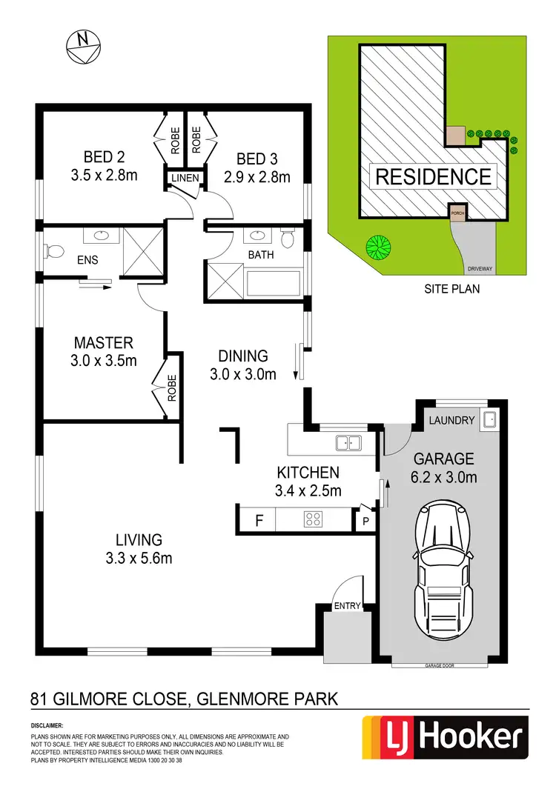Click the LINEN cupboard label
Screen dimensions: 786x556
click(184, 179)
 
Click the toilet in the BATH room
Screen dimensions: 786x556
click(288, 239)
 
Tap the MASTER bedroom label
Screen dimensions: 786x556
click(103, 343)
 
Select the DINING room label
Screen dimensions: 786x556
click(242, 356)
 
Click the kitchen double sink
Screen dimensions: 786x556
click(348, 443)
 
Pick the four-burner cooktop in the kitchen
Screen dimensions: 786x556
click(313, 519)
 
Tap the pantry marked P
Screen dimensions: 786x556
click(365, 521)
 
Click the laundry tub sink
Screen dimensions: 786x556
click(489, 421)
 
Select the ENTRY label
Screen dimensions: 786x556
click(347, 606)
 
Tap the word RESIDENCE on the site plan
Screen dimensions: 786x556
click(434, 176)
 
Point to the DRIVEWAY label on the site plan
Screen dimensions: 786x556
click(475, 268)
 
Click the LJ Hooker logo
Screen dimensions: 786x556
click(444, 738)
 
